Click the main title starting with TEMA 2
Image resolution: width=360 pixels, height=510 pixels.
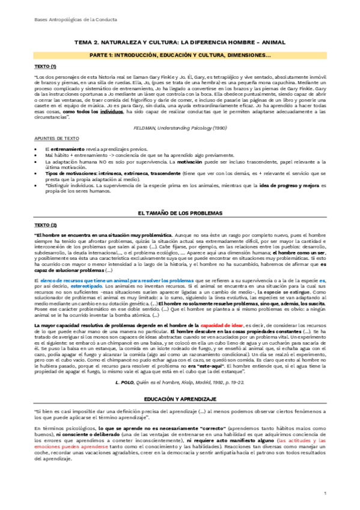180,44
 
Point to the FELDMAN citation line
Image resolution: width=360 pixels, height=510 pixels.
180,127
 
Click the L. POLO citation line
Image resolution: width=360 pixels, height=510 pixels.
180,399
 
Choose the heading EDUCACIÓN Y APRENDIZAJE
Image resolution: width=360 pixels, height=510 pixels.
180,416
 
